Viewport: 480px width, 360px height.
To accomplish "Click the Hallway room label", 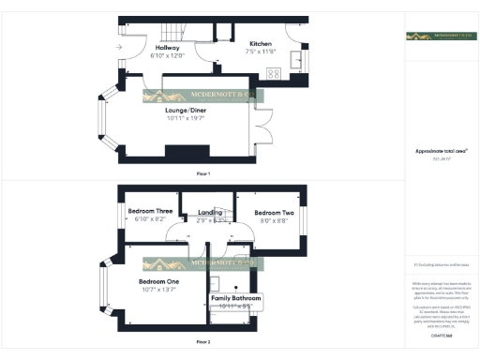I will [168, 47].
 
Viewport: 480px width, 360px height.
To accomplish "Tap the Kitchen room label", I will [260, 43].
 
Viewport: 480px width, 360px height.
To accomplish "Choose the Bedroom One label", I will [158, 281].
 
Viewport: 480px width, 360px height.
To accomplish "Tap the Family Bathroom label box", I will [235, 302].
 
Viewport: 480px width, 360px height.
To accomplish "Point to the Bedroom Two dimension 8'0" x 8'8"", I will [274, 221].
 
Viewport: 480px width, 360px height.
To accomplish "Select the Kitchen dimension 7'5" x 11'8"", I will [262, 52].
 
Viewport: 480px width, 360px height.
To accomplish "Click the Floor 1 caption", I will [202, 174].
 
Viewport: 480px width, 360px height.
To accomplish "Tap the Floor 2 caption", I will [202, 342].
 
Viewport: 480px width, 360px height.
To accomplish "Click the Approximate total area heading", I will [441, 150].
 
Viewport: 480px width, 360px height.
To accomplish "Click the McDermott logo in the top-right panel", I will [440, 37].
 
